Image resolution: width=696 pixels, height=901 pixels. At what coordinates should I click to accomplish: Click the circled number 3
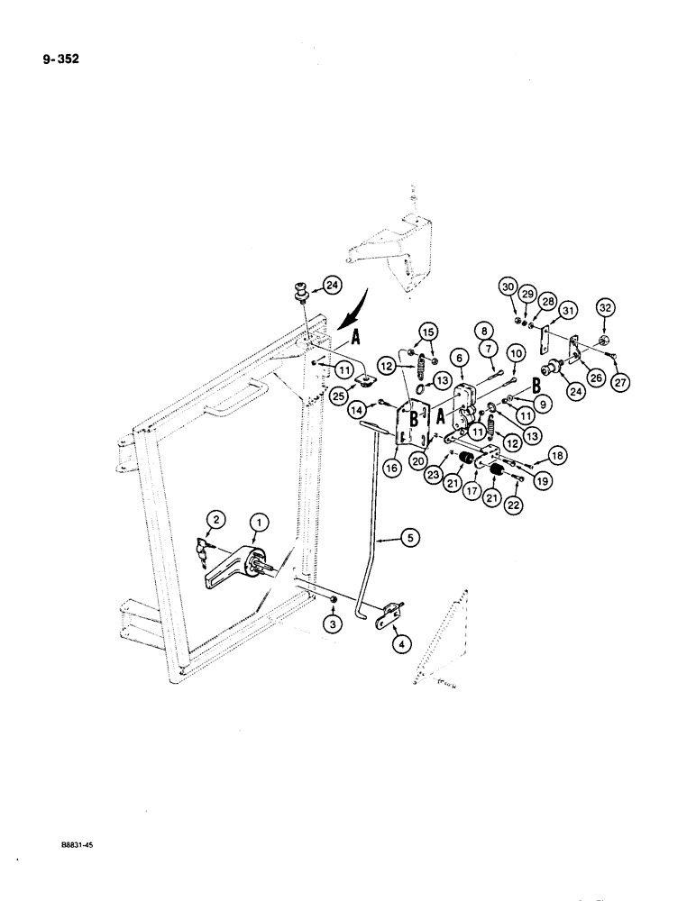(334, 623)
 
